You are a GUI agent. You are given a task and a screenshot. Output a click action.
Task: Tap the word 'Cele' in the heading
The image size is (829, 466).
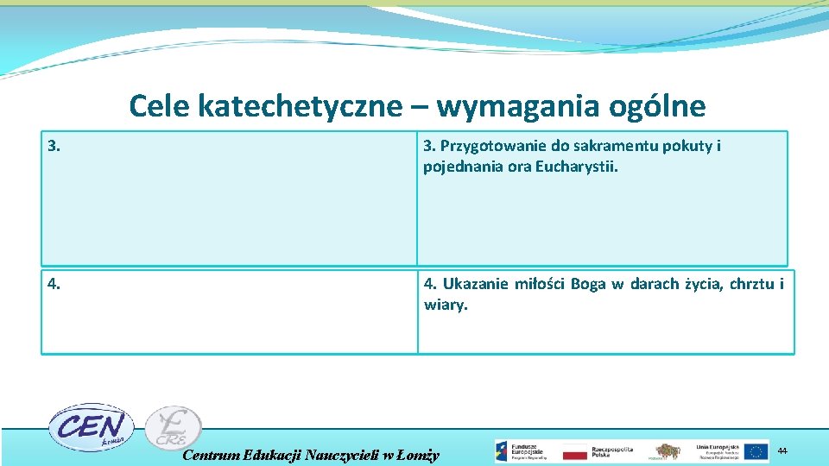coord(160,106)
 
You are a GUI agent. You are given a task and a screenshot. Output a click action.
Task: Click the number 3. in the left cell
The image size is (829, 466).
coord(54,147)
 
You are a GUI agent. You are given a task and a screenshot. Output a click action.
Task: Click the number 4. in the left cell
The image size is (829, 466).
coord(54,284)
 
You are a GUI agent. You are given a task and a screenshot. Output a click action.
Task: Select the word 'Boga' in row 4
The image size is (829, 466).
coord(588,284)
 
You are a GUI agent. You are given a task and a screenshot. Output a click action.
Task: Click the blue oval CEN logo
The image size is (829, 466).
coord(89,426)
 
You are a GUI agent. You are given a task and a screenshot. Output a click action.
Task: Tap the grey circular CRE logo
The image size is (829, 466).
coord(173,428)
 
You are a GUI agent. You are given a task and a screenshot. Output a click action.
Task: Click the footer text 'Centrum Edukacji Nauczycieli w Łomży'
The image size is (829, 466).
coord(312,455)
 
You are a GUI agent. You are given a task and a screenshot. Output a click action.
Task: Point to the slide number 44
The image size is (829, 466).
coord(782,450)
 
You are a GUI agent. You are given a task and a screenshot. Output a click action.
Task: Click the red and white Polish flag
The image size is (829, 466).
coord(574,451)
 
